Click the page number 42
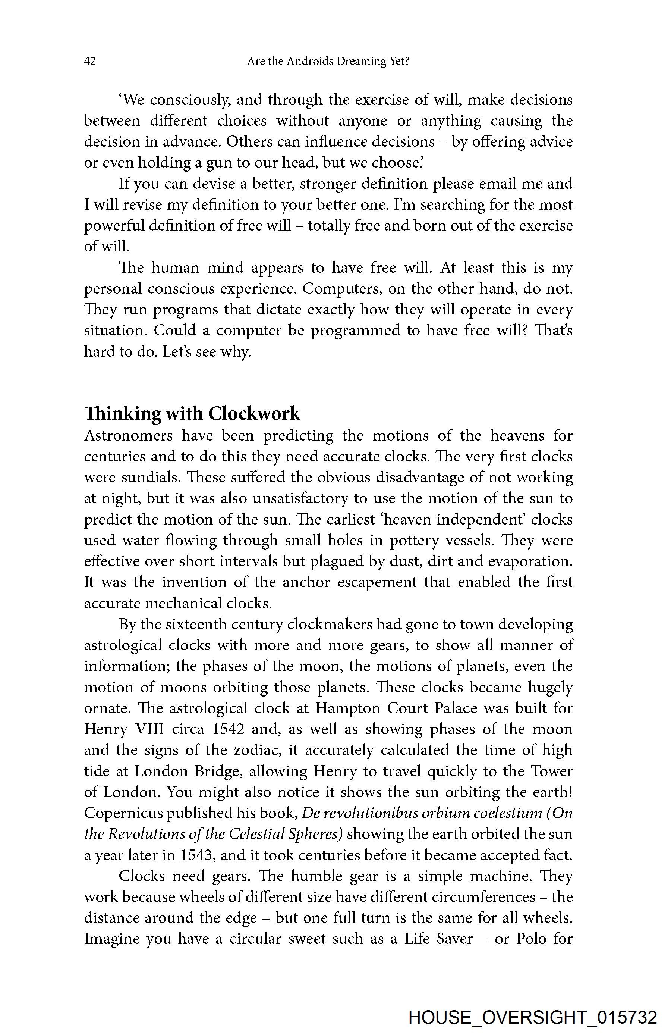[x=90, y=61]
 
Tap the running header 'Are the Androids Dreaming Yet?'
[x=328, y=61]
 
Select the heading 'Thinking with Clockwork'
[x=192, y=413]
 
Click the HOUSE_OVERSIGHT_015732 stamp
[x=533, y=1017]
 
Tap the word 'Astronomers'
[x=128, y=435]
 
